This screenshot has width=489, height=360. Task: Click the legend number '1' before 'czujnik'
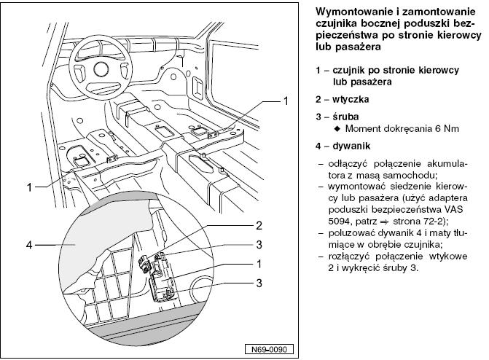click(x=318, y=71)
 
